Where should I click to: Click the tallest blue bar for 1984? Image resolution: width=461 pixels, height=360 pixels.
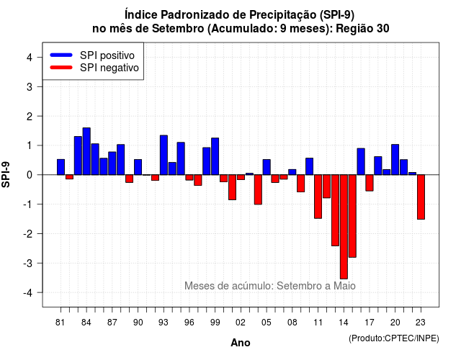pos(86,151)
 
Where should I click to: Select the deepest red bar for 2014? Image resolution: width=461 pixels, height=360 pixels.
pos(344,227)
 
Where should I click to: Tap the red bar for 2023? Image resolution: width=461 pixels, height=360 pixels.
pos(421,197)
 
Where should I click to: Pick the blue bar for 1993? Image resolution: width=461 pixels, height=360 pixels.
pos(164,156)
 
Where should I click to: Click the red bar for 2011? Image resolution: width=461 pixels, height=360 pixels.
pos(318,197)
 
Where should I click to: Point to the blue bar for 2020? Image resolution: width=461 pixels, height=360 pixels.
pos(395,160)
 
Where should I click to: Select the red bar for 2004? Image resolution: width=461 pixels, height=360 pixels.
pos(258,189)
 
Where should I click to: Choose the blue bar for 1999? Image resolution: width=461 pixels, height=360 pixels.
pos(215,156)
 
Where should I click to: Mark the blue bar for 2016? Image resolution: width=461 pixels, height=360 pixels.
pos(361,161)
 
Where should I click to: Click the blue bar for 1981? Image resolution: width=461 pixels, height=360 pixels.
pos(61,167)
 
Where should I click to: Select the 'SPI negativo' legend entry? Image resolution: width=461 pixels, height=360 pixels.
pos(94,68)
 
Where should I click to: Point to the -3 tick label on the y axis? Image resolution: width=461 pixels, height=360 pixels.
pos(28,263)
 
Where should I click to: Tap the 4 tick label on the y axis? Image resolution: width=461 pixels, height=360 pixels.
pos(30,58)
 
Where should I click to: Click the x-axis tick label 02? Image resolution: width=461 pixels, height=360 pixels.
pos(241,323)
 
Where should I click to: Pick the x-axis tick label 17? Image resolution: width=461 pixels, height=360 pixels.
pos(370,323)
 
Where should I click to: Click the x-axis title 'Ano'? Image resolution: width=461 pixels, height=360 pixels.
pos(241,343)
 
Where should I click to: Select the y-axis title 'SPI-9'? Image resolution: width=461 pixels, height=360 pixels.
pos(6,174)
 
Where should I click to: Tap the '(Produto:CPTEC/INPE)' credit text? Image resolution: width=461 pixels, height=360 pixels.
pos(394,338)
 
